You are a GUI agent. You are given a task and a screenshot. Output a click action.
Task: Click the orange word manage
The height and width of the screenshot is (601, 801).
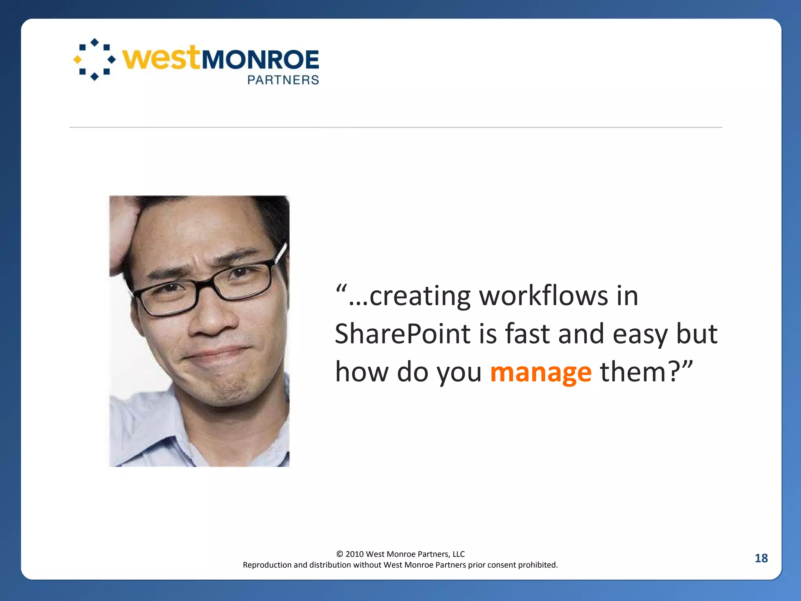click(541, 372)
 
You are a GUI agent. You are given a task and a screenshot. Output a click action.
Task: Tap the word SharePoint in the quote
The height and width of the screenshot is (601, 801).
click(402, 334)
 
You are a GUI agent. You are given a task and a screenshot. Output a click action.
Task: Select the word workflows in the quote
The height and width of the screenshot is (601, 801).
click(544, 296)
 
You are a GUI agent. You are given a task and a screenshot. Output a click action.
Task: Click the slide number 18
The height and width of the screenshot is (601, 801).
click(761, 558)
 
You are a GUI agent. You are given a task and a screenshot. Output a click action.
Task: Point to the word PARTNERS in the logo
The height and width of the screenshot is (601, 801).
click(283, 80)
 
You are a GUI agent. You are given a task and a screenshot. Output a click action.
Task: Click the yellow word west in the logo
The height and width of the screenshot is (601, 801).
click(161, 59)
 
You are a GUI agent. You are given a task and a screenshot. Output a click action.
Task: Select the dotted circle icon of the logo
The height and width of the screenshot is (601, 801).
click(95, 59)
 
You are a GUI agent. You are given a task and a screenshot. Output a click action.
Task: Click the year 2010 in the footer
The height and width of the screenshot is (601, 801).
click(354, 554)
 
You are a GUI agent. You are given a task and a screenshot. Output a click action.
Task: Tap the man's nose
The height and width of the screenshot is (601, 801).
click(213, 319)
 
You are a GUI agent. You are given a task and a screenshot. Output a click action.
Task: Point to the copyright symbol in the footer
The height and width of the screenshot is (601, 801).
click(339, 554)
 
